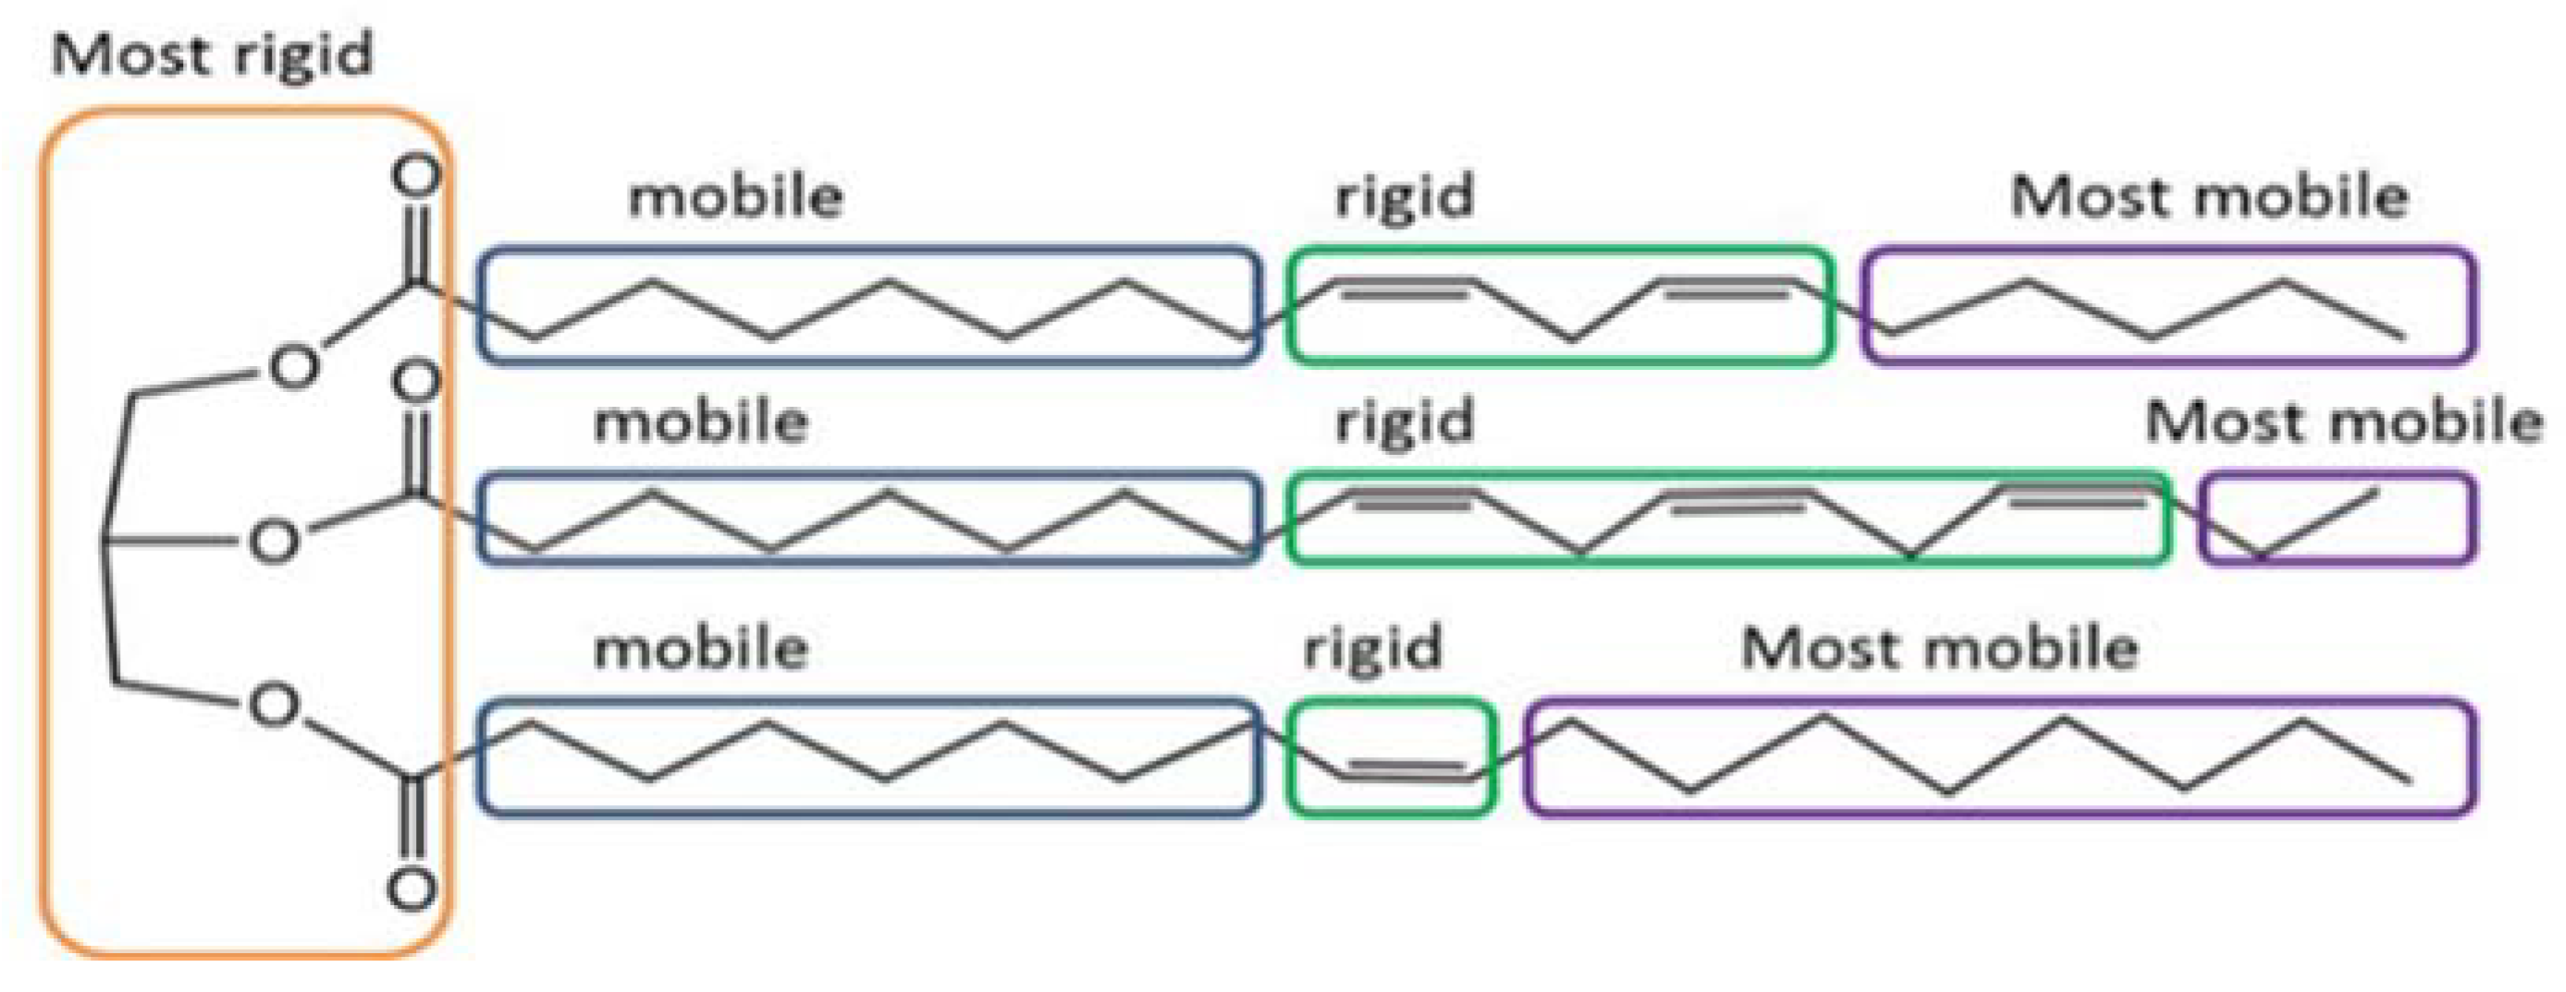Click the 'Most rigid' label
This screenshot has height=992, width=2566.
(x=212, y=55)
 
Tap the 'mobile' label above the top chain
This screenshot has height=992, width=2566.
(x=735, y=196)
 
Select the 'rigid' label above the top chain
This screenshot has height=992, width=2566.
(x=1404, y=196)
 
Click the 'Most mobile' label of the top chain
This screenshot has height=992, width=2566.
(x=2209, y=196)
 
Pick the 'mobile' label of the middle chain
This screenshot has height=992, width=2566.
(x=700, y=422)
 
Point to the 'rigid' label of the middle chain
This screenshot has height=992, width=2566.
(x=1404, y=422)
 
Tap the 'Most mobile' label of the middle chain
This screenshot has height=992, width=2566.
(x=2344, y=422)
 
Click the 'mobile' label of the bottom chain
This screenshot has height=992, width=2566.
(x=700, y=648)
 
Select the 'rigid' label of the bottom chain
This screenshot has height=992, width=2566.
(x=1371, y=648)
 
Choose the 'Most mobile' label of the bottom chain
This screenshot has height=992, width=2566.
(x=1939, y=648)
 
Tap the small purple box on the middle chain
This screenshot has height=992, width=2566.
(x=2336, y=519)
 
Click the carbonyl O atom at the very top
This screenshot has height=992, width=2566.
(x=415, y=176)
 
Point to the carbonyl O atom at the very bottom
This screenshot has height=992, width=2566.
(x=411, y=888)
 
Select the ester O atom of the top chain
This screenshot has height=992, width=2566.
(x=294, y=365)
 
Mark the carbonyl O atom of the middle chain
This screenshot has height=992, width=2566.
(x=416, y=381)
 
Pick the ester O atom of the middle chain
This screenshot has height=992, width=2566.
(x=273, y=542)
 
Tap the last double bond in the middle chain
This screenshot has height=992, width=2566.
(x=2077, y=495)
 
